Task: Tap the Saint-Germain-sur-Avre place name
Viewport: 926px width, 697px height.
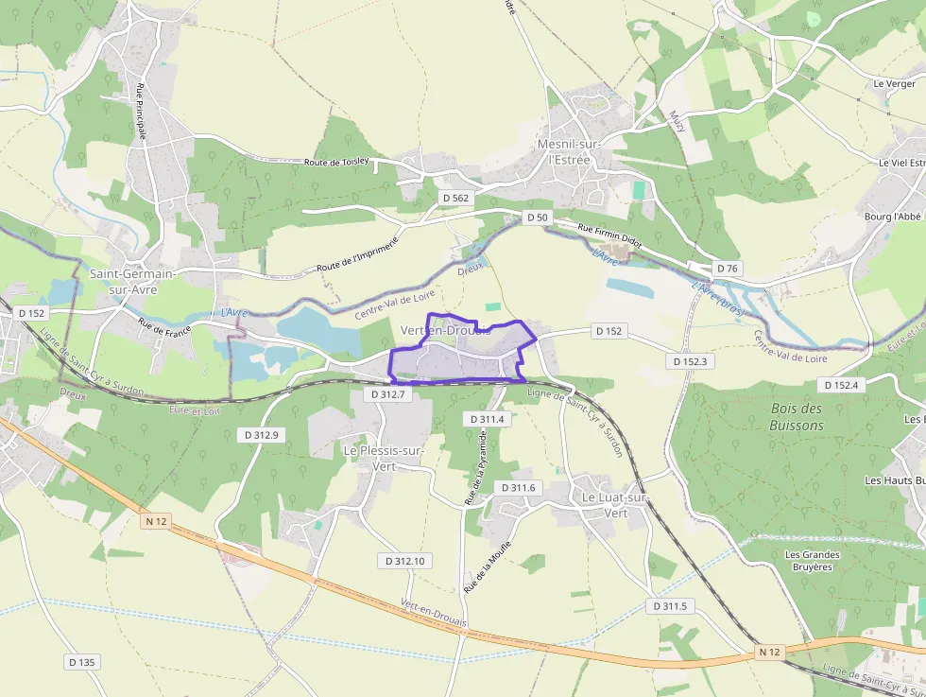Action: (132, 281)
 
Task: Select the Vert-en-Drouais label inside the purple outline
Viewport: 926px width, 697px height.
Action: (446, 330)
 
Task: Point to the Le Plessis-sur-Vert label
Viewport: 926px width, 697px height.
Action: (384, 458)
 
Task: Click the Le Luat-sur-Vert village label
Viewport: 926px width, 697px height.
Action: (615, 504)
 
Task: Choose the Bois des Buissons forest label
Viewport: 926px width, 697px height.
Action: (797, 416)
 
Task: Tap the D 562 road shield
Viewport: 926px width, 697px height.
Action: (454, 198)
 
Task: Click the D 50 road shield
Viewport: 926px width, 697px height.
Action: (537, 218)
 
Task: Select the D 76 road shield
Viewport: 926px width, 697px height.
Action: (727, 269)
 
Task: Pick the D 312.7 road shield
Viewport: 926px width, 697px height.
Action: (387, 393)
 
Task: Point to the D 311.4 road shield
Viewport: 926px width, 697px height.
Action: (488, 418)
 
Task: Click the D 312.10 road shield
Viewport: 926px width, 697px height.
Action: (406, 561)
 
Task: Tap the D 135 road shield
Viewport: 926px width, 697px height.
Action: (82, 662)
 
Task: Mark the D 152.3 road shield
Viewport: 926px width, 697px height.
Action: (691, 361)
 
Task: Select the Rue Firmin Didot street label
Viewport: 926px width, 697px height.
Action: (609, 235)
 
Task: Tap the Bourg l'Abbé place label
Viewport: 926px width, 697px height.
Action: (893, 217)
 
